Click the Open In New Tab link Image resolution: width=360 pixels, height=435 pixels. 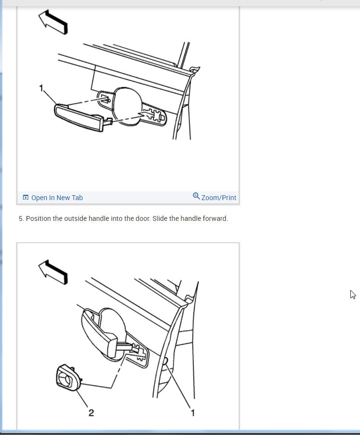pyautogui.click(x=57, y=198)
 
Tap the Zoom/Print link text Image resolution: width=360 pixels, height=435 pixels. pyautogui.click(x=219, y=198)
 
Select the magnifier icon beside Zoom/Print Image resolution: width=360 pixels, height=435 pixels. pyautogui.click(x=196, y=196)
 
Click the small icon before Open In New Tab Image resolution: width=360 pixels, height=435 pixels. pyautogui.click(x=26, y=198)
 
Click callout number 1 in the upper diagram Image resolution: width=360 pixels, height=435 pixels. pyautogui.click(x=42, y=88)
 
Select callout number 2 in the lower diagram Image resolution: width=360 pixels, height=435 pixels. pyautogui.click(x=90, y=412)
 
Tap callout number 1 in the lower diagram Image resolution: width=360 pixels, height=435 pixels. pyautogui.click(x=192, y=412)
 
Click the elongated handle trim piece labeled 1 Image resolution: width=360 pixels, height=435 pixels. pyautogui.click(x=80, y=117)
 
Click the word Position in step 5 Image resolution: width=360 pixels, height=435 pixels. pyautogui.click(x=38, y=219)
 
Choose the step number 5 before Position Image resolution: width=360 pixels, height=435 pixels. pyautogui.click(x=21, y=219)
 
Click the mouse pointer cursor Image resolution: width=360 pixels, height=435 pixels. pyautogui.click(x=353, y=294)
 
